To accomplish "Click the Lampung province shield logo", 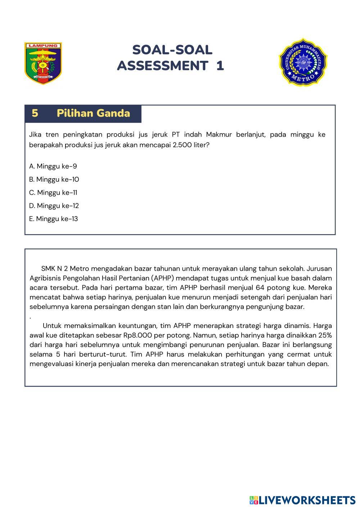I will click(x=43, y=63).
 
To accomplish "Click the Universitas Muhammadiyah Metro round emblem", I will click(x=302, y=62).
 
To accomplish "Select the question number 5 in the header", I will click(x=35, y=113).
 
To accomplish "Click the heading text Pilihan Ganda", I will click(x=93, y=113).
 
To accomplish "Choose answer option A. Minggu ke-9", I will click(x=53, y=166).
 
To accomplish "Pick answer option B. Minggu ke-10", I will click(x=54, y=179).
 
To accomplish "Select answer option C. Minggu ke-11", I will click(x=53, y=193).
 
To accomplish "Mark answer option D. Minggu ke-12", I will click(x=54, y=206).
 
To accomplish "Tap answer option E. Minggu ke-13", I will click(x=54, y=219).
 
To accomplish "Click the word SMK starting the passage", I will click(x=48, y=269).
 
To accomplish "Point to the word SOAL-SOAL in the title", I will click(x=172, y=50).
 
